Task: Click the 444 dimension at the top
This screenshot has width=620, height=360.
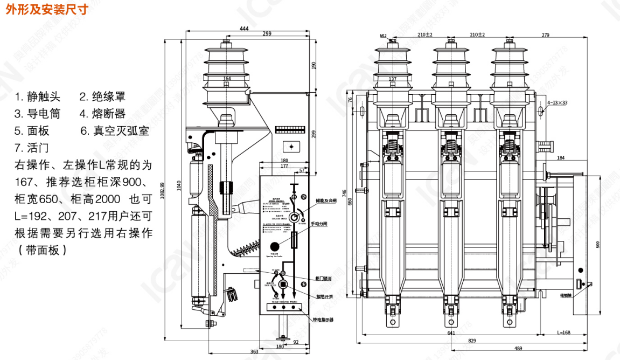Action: tap(243, 28)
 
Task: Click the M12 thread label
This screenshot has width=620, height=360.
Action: tap(384, 36)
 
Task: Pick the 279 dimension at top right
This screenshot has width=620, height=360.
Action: tap(545, 35)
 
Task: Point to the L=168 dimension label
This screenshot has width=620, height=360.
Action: tap(563, 332)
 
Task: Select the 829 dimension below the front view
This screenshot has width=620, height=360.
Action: tap(471, 341)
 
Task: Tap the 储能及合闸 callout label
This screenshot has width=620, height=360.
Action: tap(326, 200)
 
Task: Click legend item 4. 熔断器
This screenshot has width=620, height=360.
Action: tap(102, 114)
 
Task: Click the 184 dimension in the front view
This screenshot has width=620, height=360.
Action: tap(561, 158)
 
